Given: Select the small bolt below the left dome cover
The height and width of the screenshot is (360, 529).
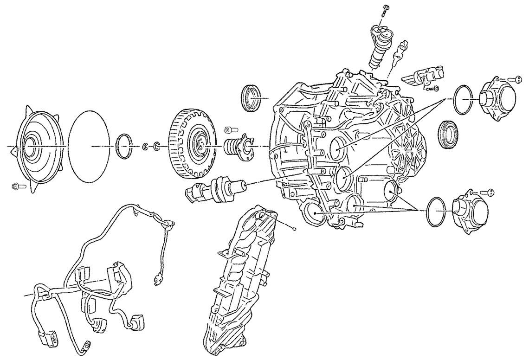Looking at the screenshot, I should [x=15, y=186].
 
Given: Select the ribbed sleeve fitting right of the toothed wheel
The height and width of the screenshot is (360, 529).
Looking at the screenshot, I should [x=237, y=148].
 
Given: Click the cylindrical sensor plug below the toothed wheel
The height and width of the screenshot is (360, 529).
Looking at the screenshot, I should [x=214, y=189].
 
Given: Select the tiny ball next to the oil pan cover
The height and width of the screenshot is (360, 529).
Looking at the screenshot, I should [x=294, y=228].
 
